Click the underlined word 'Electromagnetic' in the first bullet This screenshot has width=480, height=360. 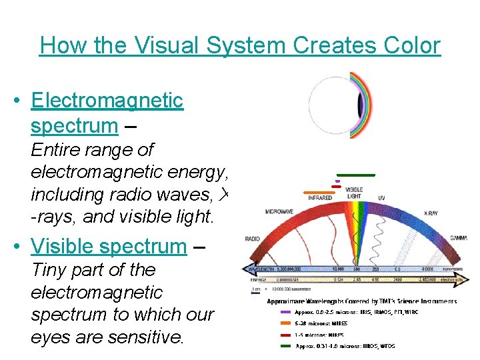pyautogui.click(x=107, y=100)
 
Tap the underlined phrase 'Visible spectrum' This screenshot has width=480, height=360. pyautogui.click(x=109, y=246)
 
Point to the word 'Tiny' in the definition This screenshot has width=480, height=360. pyautogui.click(x=50, y=270)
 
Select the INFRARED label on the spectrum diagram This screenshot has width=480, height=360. pyautogui.click(x=320, y=198)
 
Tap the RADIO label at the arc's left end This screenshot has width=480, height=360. pyautogui.click(x=253, y=238)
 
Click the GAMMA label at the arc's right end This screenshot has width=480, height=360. pyautogui.click(x=458, y=238)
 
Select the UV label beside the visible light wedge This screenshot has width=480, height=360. pyautogui.click(x=381, y=198)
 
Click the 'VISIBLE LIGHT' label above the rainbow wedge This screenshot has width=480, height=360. pyautogui.click(x=354, y=193)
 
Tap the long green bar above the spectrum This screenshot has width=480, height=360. pyautogui.click(x=355, y=175)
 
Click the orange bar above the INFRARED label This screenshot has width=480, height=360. pyautogui.click(x=318, y=191)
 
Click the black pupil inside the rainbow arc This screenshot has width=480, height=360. pyautogui.click(x=360, y=105)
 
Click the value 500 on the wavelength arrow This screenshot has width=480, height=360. pyautogui.click(x=356, y=269)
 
